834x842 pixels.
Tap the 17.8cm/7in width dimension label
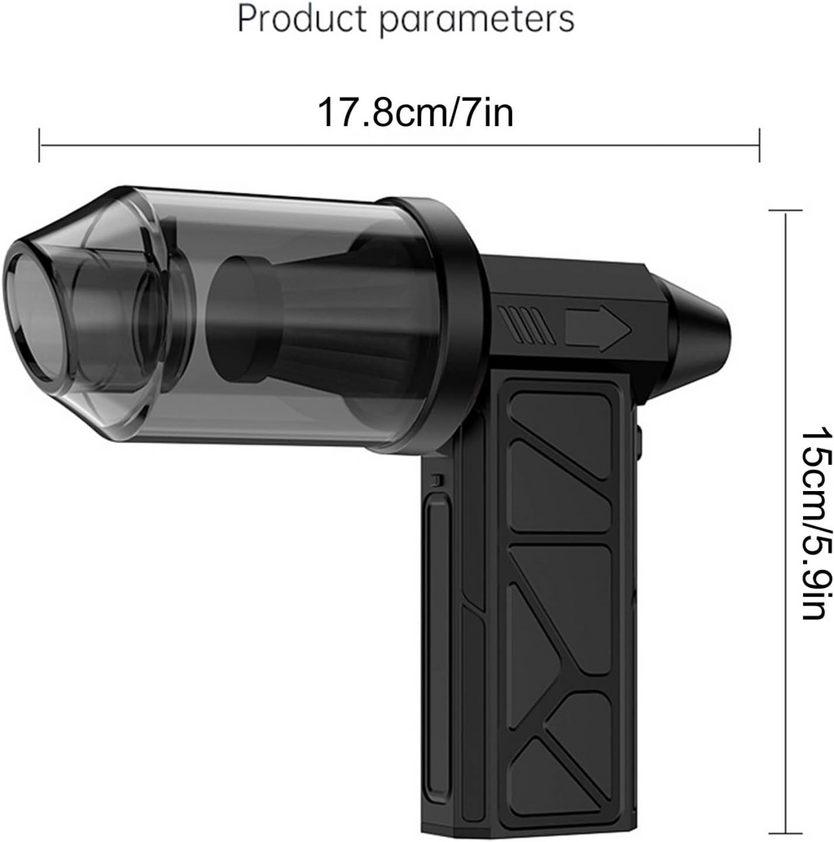point(415,112)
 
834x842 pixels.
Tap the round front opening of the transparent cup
point(33,318)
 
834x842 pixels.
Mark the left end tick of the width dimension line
point(39,145)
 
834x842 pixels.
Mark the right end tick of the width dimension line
point(760,145)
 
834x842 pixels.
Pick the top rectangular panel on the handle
point(562,432)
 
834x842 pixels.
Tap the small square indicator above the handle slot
point(437,480)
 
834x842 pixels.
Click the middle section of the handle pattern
point(562,603)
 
